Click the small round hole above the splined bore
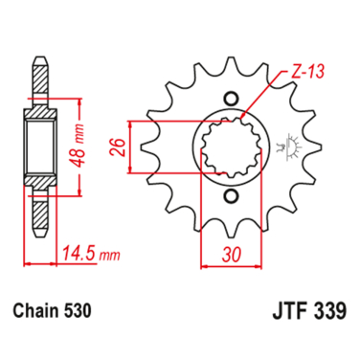coord(230,99)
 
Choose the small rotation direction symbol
coord(281,147)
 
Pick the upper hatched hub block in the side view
coord(41,106)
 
